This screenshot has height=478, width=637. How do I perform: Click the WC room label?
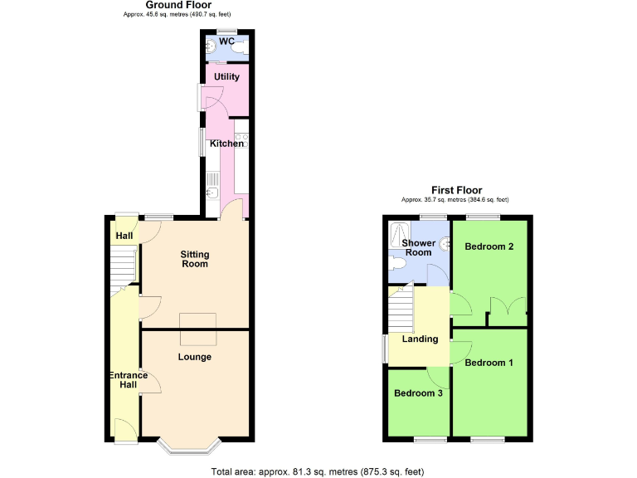[226, 41]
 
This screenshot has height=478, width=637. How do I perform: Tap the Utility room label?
[226, 77]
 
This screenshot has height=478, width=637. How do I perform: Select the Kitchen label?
[226, 144]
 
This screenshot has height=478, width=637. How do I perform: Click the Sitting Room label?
[195, 259]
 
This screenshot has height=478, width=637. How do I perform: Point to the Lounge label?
[195, 357]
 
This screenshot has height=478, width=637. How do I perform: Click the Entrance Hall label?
[128, 381]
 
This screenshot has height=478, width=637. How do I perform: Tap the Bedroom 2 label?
[489, 246]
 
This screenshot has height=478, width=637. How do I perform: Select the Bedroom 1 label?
[489, 363]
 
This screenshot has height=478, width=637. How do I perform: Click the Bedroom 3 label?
[418, 393]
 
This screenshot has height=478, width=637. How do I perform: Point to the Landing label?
[420, 339]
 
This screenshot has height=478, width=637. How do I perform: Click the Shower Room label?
[418, 247]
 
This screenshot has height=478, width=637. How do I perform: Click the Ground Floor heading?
[177, 5]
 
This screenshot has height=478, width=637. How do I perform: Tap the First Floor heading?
[456, 190]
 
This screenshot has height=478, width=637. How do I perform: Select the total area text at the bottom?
[318, 471]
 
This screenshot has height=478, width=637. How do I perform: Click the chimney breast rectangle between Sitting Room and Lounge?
[199, 329]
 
